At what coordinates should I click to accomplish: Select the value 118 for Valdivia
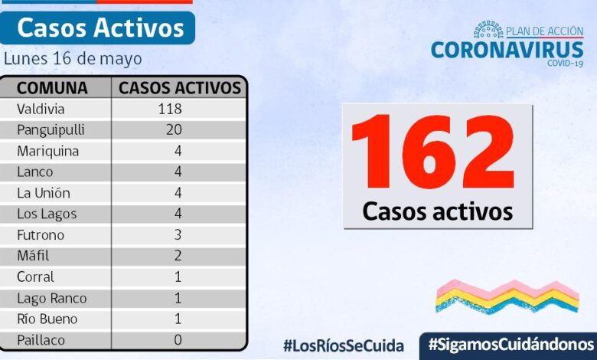(169, 109)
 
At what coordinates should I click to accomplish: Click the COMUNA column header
(52, 87)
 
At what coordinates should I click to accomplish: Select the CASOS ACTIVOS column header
(181, 87)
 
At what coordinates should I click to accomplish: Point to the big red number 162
(433, 154)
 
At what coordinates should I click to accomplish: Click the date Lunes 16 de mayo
(73, 58)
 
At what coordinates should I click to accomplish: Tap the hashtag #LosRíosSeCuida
(343, 345)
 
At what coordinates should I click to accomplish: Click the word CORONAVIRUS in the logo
(506, 50)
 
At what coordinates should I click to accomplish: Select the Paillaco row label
(41, 339)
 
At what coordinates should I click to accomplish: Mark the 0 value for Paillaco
(178, 339)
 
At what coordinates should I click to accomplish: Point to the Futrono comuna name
(41, 234)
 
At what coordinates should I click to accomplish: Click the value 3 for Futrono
(178, 234)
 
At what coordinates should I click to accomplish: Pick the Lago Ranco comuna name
(51, 298)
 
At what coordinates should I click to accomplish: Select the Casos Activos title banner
(99, 28)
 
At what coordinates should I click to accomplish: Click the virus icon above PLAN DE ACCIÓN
(488, 30)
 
